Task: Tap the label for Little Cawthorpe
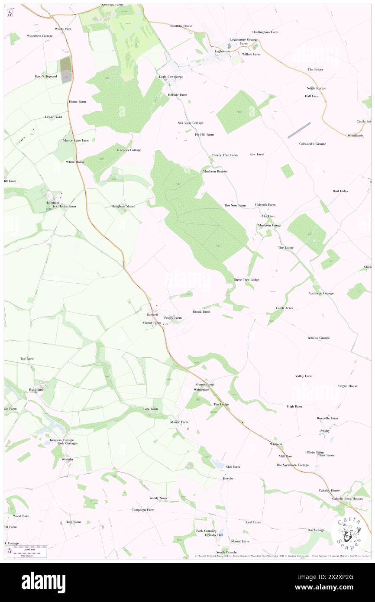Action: (168, 77)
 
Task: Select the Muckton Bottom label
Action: (215, 172)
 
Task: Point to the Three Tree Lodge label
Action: (246, 280)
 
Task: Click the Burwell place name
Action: (152, 314)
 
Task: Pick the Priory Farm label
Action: (173, 318)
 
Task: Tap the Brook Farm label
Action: (201, 312)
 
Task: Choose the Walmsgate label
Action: (201, 390)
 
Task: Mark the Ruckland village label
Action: (36, 389)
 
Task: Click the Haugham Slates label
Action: (123, 206)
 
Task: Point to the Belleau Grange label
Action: (319, 338)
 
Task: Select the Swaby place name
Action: (325, 430)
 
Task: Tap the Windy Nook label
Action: (158, 498)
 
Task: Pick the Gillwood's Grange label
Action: (313, 144)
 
